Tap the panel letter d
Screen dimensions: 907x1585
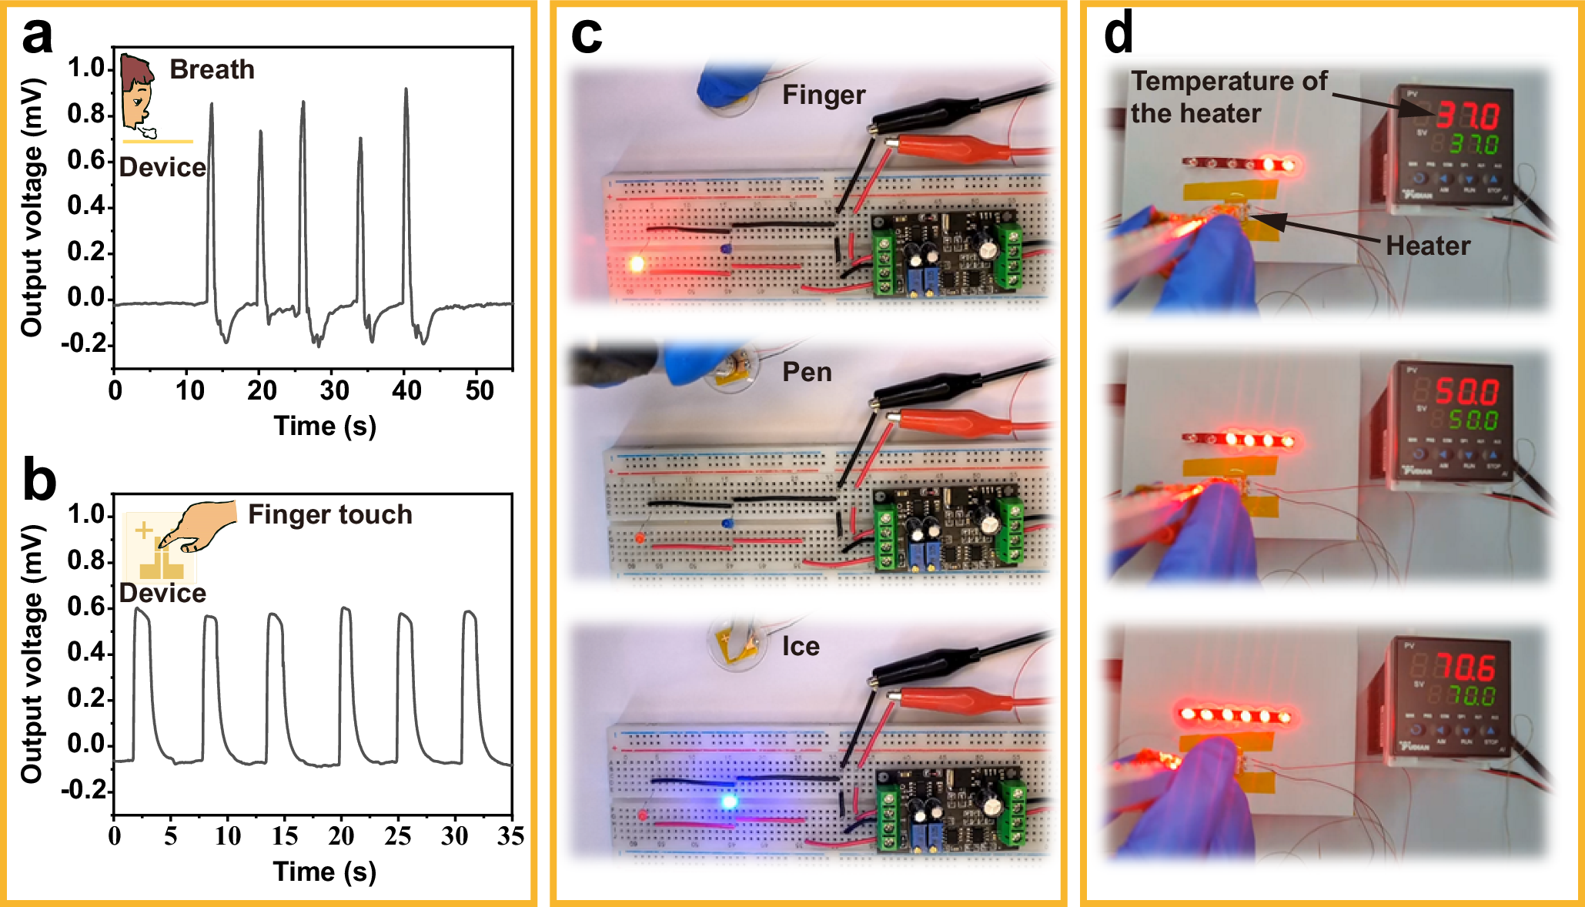(x=1118, y=35)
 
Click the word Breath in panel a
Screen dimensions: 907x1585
(x=212, y=69)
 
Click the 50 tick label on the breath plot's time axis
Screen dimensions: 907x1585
(x=479, y=391)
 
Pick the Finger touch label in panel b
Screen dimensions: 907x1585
(x=329, y=514)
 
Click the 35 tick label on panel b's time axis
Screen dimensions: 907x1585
(x=510, y=836)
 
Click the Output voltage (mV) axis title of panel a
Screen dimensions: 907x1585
(x=32, y=208)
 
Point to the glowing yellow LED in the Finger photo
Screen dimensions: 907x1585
(x=637, y=264)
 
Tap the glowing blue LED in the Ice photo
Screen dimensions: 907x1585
(x=728, y=802)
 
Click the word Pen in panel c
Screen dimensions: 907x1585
(x=807, y=372)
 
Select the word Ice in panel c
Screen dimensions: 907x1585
(x=801, y=647)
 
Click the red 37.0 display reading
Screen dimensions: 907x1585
(x=1467, y=115)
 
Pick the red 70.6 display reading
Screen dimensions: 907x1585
(x=1465, y=667)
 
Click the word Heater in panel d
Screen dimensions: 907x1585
(x=1427, y=246)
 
